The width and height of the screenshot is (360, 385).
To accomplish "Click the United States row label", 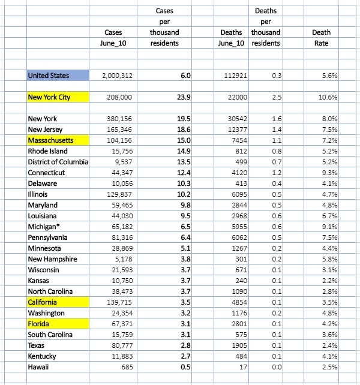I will click(x=49, y=76).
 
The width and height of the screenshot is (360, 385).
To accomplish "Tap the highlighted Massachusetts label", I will click(x=54, y=140).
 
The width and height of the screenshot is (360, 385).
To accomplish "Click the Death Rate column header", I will click(x=321, y=37).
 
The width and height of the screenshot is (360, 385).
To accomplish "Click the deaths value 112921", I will click(x=236, y=76).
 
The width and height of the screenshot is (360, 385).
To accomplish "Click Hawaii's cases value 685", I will click(x=125, y=367).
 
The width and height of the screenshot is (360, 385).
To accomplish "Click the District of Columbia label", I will click(x=58, y=162).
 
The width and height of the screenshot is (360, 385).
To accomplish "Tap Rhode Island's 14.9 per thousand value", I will click(x=185, y=151).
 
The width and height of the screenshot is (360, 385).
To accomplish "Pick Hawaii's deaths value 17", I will click(x=243, y=367).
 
